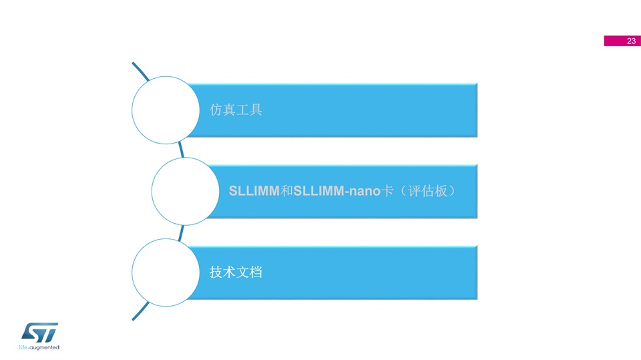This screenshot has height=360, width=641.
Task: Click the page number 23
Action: (x=631, y=41)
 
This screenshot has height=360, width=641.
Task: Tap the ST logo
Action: (x=39, y=333)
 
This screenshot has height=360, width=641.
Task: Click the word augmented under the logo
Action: (x=44, y=348)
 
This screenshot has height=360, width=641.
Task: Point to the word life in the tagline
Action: (x=23, y=348)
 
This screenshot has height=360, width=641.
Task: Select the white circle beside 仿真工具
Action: (x=166, y=110)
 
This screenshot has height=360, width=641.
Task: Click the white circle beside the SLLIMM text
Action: (x=185, y=191)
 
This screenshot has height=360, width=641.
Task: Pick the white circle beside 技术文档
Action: (x=166, y=273)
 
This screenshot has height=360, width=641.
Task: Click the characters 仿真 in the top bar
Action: (x=222, y=110)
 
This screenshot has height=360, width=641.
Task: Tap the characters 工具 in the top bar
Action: (x=249, y=110)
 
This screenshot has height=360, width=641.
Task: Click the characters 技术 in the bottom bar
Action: (x=222, y=272)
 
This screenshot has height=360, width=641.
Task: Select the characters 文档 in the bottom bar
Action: (x=249, y=272)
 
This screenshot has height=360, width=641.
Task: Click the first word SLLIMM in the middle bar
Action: (x=254, y=190)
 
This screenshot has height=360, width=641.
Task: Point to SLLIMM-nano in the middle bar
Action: (x=337, y=190)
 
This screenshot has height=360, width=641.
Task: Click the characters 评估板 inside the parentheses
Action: (x=427, y=190)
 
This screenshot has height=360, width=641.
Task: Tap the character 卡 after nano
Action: (x=387, y=190)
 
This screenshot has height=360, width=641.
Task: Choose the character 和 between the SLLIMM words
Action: (x=286, y=190)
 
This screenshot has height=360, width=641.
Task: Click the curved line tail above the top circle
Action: (x=140, y=71)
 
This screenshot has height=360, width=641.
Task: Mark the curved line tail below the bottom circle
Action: (x=140, y=311)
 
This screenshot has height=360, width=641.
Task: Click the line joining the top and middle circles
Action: (x=181, y=150)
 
